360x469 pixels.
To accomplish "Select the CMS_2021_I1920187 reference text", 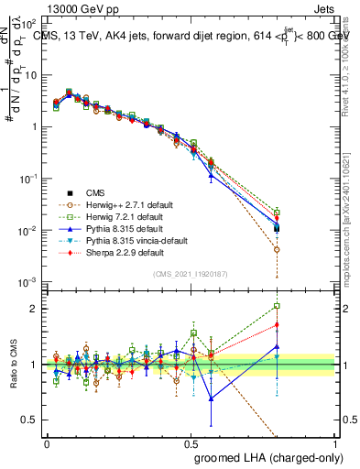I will click(191, 274).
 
